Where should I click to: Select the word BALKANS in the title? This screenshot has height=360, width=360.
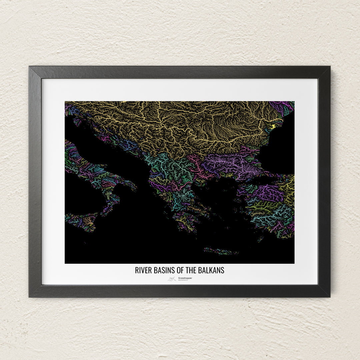coord(211,270)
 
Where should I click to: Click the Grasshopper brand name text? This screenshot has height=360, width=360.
coord(185,278)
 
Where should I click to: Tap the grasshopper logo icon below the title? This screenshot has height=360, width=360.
coord(172,279)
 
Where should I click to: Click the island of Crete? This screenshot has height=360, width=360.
coord(221,251)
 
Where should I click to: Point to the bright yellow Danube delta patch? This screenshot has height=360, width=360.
coord(273,126)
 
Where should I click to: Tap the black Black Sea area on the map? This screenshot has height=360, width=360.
coord(278,147)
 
